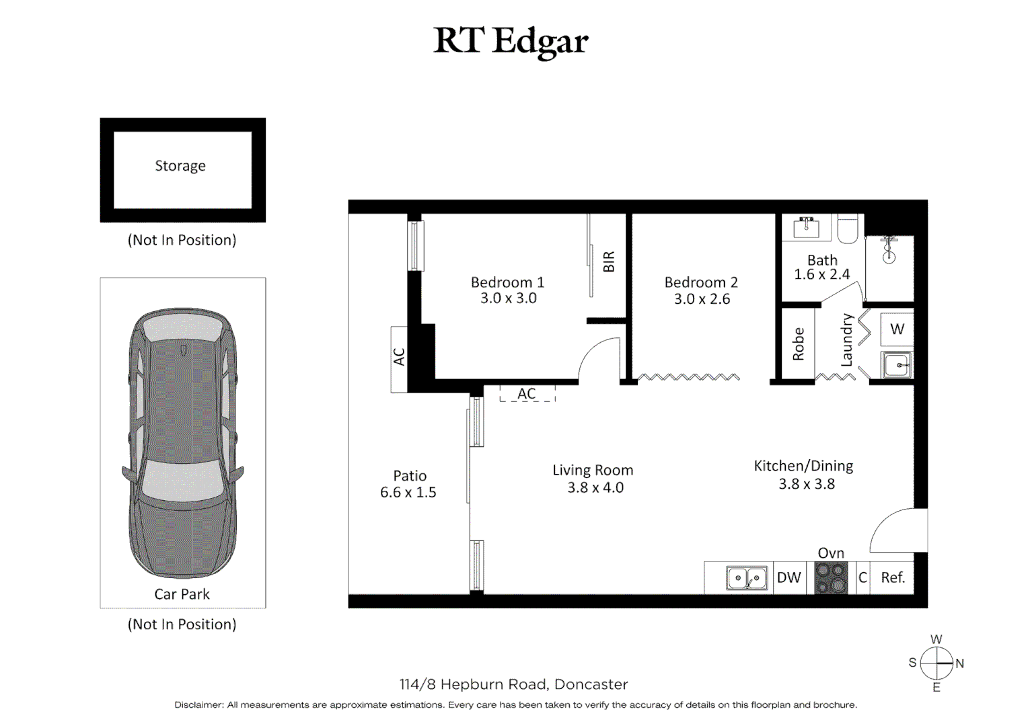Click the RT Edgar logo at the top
[511, 42]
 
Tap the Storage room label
[180, 166]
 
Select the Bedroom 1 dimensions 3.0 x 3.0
[508, 298]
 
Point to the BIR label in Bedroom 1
[609, 261]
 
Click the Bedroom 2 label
[701, 282]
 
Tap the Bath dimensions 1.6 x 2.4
[821, 274]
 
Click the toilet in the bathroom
[848, 229]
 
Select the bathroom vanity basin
[806, 228]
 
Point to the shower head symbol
[889, 249]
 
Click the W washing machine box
[897, 329]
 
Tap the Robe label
[799, 344]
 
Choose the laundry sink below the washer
[897, 365]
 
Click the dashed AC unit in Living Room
[527, 394]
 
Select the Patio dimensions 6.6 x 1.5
[408, 493]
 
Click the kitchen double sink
[747, 578]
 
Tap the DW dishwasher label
[788, 578]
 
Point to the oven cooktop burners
[831, 578]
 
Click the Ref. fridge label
[893, 578]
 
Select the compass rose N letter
[959, 663]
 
